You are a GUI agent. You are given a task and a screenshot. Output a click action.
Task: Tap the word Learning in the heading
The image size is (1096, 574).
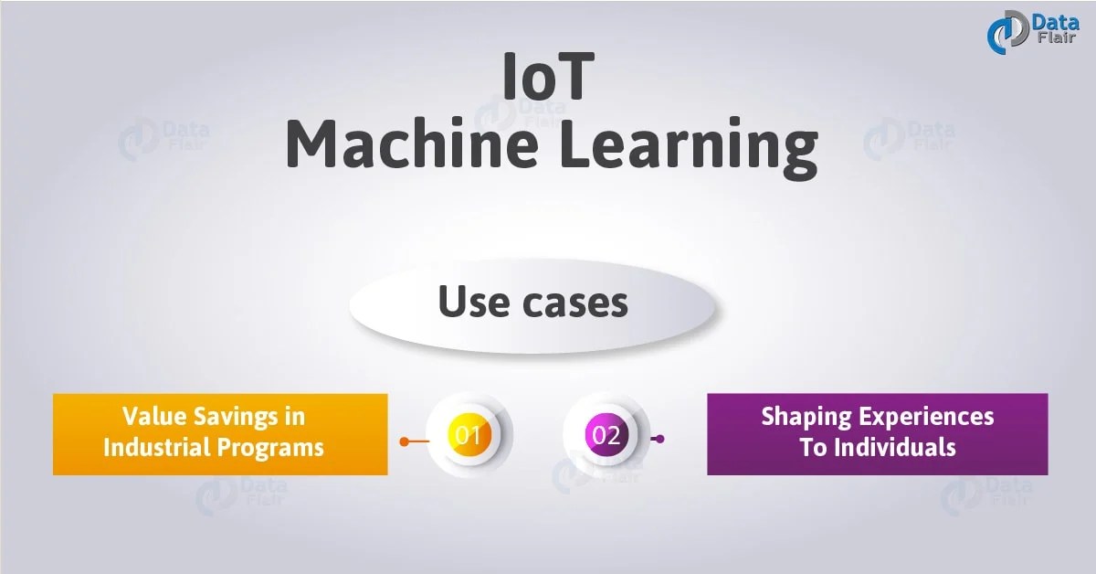click(685, 148)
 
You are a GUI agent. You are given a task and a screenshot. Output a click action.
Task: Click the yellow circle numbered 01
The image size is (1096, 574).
click(469, 435)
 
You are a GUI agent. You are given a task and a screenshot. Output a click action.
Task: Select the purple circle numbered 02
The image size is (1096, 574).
click(606, 435)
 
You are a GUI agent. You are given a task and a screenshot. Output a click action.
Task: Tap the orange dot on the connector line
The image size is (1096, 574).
click(404, 441)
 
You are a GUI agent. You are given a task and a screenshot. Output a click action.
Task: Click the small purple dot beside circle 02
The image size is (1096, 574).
click(660, 439)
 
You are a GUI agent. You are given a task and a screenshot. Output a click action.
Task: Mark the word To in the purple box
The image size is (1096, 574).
click(812, 447)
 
